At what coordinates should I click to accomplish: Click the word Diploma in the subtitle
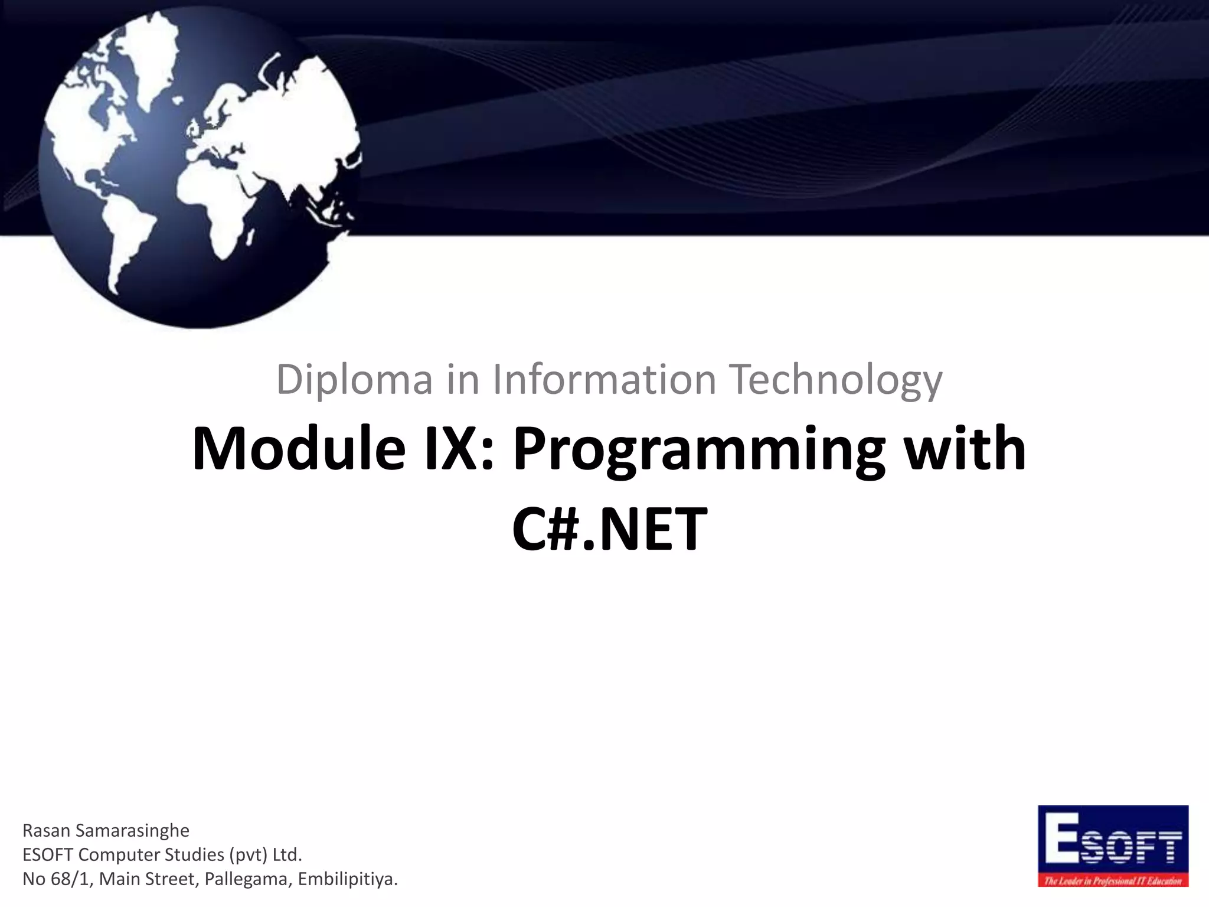point(354,380)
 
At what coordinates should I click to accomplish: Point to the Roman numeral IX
point(458,450)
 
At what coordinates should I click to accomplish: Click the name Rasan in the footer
point(47,831)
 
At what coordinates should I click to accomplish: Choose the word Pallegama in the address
point(247,879)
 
